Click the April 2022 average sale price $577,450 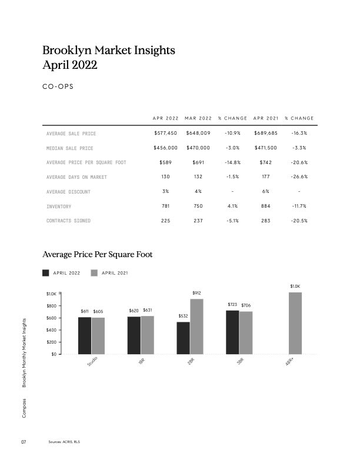pos(165,134)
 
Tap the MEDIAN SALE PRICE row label pos(69,148)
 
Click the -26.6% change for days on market pos(299,177)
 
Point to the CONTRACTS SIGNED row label pos(68,221)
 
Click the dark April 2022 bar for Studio pos(85,335)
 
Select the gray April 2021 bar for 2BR pos(196,327)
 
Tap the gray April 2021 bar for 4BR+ pos(295,323)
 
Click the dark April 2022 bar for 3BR pos(232,332)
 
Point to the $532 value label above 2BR pos(183,317)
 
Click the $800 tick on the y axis pos(52,305)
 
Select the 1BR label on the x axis pos(141,363)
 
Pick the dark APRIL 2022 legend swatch pos(46,273)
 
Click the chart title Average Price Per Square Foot pos(98,255)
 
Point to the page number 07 pos(24,442)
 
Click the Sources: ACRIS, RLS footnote pos(64,442)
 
